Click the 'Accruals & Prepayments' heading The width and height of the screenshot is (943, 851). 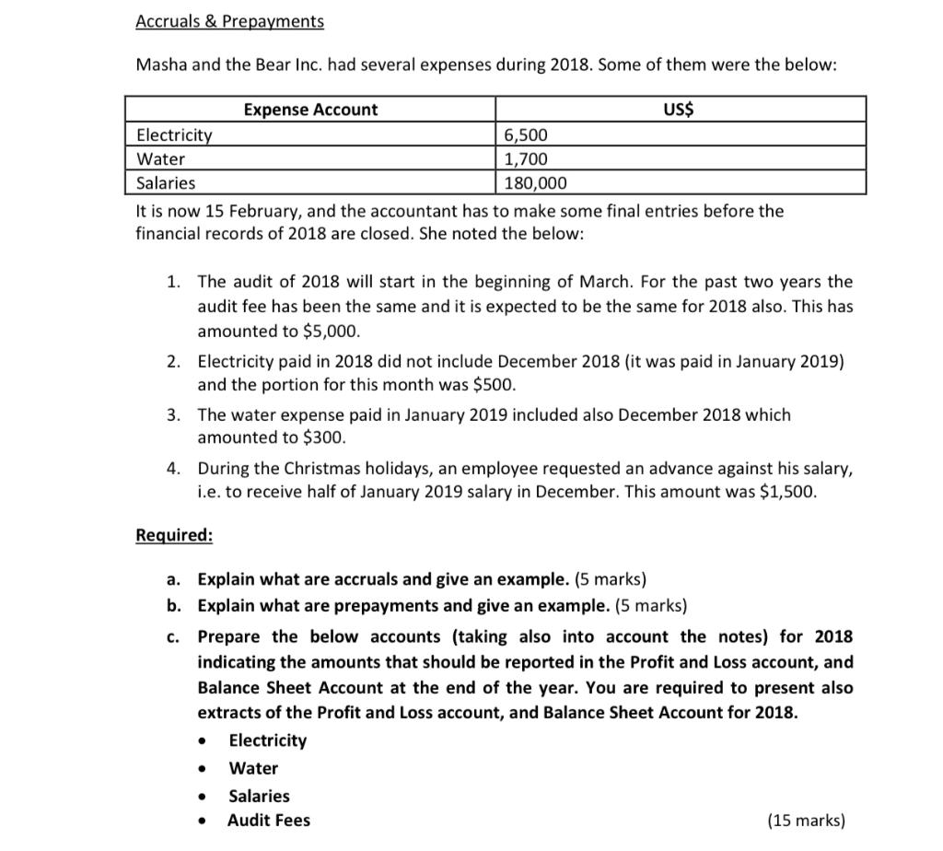click(229, 20)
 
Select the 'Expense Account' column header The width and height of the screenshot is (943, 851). click(310, 110)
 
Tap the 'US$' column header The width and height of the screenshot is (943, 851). click(679, 110)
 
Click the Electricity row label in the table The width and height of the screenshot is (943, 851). click(174, 135)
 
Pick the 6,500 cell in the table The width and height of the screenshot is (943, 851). click(526, 135)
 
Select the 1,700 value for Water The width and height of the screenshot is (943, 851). click(526, 159)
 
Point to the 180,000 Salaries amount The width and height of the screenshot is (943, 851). click(536, 183)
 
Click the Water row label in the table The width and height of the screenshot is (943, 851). click(160, 159)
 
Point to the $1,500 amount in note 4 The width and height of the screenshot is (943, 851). click(786, 491)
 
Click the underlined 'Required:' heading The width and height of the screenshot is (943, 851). click(174, 535)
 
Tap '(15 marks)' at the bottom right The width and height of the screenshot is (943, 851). click(806, 821)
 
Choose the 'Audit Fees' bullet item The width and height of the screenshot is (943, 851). click(269, 821)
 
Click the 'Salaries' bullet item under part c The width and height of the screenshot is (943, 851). click(259, 796)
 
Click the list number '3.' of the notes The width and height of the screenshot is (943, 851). click(174, 414)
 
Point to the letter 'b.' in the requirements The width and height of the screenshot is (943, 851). click(174, 606)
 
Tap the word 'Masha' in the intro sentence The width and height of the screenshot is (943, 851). click(160, 65)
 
